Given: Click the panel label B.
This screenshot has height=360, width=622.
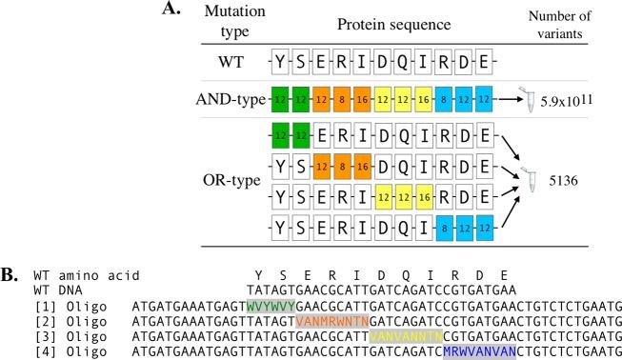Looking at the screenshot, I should coord(9,275).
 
